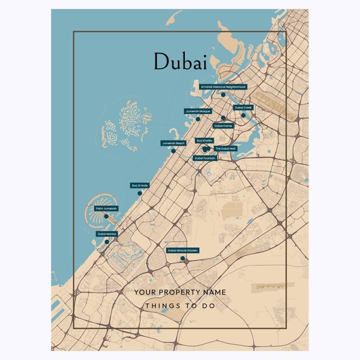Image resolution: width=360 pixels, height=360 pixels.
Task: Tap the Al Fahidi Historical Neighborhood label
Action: click(223, 86)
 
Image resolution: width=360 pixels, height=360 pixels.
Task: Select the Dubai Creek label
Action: click(243, 108)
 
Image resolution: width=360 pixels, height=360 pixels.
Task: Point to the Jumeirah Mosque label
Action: click(198, 111)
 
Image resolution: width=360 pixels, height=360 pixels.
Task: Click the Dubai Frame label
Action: click(223, 126)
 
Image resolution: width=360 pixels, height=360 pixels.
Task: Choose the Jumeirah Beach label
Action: click(173, 143)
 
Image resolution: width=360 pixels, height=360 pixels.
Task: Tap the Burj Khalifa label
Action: click(204, 141)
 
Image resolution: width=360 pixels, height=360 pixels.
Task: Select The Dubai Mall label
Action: click(225, 149)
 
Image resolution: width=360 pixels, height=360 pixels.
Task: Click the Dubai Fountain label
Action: click(205, 158)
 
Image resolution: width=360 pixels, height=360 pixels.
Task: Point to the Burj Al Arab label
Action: click(140, 186)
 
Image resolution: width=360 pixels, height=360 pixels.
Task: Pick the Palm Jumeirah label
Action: click(106, 208)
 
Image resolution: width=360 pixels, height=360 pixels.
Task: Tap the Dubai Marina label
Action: click(107, 233)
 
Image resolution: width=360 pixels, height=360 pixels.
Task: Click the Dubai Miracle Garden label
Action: click(183, 250)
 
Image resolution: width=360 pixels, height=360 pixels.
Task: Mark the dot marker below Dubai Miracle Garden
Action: click(183, 258)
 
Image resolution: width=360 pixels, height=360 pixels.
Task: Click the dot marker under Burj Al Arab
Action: click(140, 193)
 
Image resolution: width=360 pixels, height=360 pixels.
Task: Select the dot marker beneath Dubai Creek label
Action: click(243, 115)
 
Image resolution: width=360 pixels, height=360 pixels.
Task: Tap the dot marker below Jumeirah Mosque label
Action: click(198, 118)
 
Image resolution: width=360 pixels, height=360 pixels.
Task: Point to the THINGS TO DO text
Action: click(179, 307)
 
